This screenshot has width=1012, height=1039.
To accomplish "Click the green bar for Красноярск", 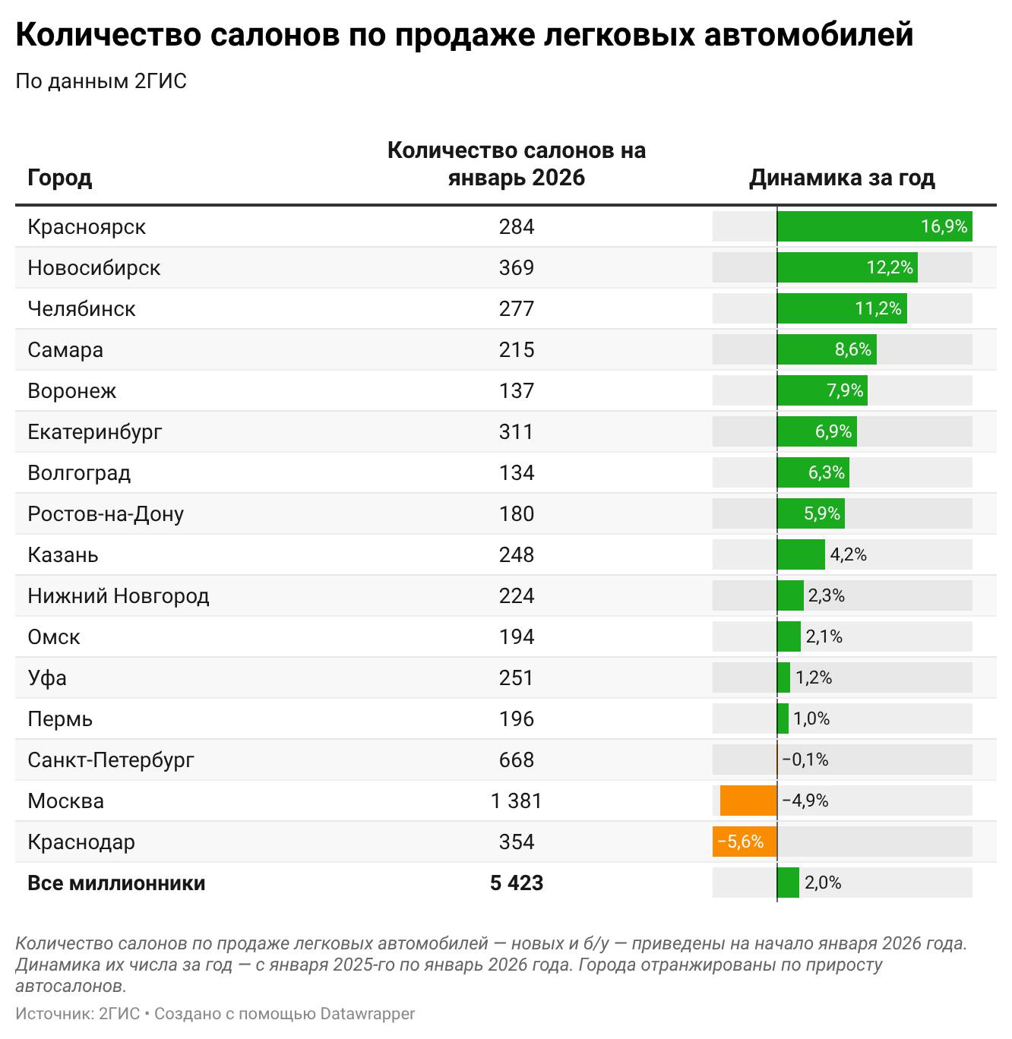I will coord(874,227).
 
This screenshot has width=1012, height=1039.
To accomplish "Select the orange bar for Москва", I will coord(748,801).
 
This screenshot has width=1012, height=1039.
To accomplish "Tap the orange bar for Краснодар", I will coord(745,842).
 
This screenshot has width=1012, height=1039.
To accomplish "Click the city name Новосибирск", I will coord(94,268).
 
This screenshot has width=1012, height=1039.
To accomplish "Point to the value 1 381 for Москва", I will coord(517,801).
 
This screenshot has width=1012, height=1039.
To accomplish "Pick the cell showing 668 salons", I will coord(517,760).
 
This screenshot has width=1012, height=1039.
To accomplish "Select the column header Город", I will coord(60,178).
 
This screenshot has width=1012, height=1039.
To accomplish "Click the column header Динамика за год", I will coord(842,178).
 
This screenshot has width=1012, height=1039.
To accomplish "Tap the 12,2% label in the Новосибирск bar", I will coord(890,268).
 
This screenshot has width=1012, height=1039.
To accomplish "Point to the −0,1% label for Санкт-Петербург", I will coord(805,760).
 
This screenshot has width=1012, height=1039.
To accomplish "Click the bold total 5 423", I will coord(517,883).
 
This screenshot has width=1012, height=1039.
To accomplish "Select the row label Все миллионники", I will coord(116,883).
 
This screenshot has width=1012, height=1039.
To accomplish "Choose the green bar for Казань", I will coord(801,555).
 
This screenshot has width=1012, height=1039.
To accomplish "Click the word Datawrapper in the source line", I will coord(368,1014).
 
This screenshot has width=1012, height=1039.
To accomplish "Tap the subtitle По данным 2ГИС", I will coord(101,81).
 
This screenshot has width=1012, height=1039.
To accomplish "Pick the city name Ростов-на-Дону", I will coord(106,514).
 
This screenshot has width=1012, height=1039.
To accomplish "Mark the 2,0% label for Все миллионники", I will coord(823,883).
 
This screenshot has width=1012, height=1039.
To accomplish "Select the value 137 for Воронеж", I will coord(517,391).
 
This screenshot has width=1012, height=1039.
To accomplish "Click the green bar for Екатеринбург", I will coord(817,432).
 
